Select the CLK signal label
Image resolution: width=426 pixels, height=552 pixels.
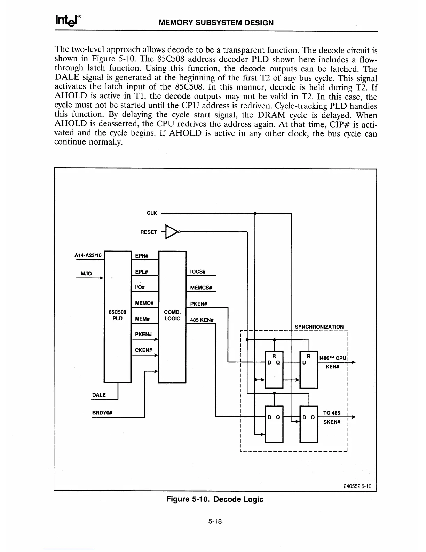[x=152, y=213]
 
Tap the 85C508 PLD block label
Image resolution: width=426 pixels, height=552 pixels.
[x=118, y=315]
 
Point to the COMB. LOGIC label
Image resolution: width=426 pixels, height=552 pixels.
[x=172, y=315]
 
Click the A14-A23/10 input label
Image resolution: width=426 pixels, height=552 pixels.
[x=88, y=255]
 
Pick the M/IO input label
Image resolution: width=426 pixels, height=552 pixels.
[x=86, y=274]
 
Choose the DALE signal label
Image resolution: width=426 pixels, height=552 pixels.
[x=99, y=395]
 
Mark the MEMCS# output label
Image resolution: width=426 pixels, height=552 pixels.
[x=201, y=287]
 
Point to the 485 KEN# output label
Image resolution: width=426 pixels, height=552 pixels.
[x=202, y=320]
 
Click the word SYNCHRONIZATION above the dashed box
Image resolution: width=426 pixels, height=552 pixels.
[x=319, y=327]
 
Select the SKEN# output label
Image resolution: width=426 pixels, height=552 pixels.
[x=331, y=422]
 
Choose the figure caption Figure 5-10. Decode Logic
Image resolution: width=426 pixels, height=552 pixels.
[x=215, y=499]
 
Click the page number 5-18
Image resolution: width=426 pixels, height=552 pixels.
[x=215, y=522]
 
